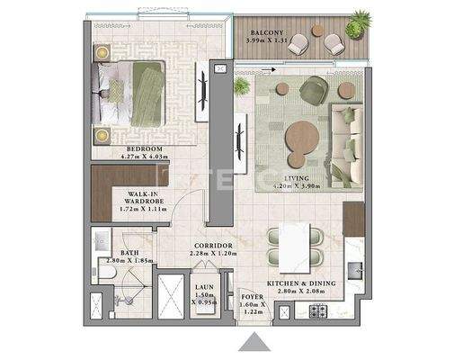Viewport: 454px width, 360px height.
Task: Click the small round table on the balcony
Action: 317,31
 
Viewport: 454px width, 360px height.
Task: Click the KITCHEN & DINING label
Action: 301,283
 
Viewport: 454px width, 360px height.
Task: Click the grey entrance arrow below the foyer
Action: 256,343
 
